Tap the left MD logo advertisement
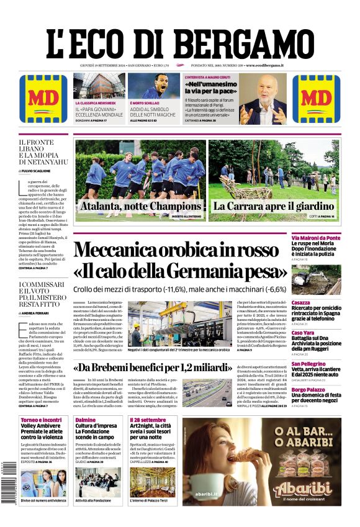(43, 99)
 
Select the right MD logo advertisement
(316, 99)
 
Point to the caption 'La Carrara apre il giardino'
(273, 207)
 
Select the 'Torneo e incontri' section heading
(41, 420)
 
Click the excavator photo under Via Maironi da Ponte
(325, 279)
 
